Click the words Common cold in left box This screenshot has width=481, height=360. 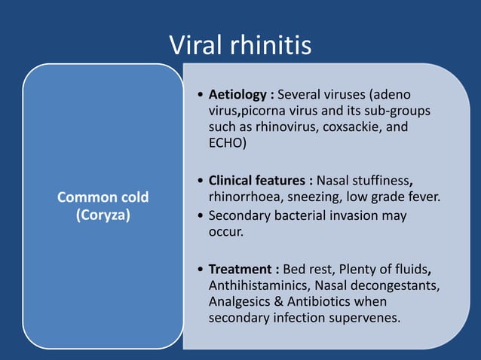pyautogui.click(x=103, y=197)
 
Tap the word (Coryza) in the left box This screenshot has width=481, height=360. pyautogui.click(x=103, y=214)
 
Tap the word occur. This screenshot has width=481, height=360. pyautogui.click(x=225, y=231)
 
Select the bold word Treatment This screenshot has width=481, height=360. pyautogui.click(x=238, y=269)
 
